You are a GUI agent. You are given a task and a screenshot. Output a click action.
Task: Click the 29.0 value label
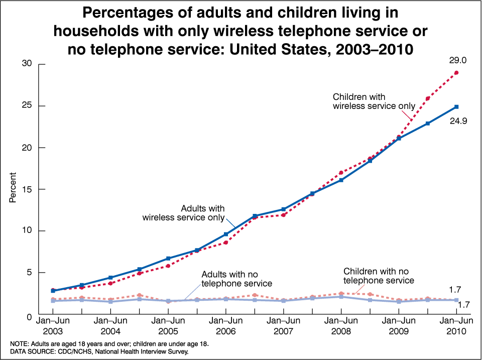click(458, 60)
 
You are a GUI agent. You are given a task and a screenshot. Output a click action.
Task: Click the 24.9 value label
click(458, 121)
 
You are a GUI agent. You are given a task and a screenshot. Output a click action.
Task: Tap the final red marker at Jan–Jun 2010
click(456, 73)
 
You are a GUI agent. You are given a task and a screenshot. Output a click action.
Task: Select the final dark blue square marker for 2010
click(456, 107)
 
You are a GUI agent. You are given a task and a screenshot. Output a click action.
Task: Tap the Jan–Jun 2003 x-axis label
click(53, 325)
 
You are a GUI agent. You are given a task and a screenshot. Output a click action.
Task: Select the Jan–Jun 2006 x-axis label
click(225, 325)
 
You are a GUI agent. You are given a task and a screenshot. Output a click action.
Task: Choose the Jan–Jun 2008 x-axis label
click(341, 325)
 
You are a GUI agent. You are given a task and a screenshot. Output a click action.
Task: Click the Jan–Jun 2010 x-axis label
click(456, 325)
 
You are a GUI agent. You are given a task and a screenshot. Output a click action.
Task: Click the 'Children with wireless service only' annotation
click(374, 101)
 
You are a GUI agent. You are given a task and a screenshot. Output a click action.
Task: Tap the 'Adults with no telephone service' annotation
click(236, 279)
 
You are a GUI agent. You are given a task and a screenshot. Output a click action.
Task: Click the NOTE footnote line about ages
click(109, 343)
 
